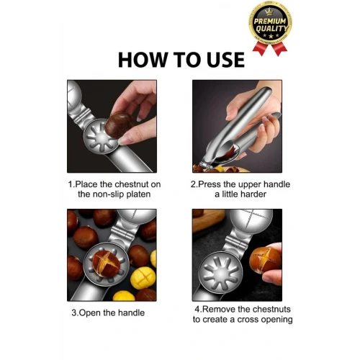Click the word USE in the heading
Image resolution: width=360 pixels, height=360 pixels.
click(x=225, y=60)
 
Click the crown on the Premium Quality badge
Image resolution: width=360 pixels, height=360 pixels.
click(x=270, y=12)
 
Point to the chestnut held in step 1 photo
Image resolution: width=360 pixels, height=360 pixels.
click(x=118, y=125)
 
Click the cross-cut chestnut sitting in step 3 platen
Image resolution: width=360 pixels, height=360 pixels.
click(x=106, y=264)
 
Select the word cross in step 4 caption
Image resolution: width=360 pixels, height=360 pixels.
click(x=248, y=320)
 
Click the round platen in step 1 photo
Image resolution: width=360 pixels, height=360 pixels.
click(x=102, y=138)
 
